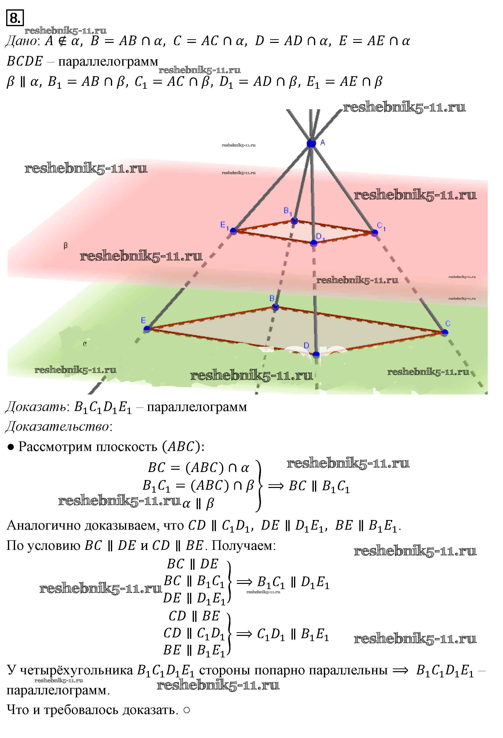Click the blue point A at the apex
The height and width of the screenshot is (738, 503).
[311, 143]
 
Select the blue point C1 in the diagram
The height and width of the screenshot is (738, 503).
[374, 233]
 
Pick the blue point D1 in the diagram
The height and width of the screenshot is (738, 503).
[313, 243]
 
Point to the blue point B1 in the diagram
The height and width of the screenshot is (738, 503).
[294, 221]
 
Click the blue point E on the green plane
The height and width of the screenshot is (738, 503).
[147, 329]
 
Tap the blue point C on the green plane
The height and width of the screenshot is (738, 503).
[445, 332]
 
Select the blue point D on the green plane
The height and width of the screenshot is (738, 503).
[316, 354]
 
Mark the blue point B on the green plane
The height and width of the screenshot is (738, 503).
[275, 307]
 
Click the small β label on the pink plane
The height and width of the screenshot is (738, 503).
[65, 246]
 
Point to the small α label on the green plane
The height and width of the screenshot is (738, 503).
[85, 343]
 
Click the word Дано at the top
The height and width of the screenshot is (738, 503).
[21, 41]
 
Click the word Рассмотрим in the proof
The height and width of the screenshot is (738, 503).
[56, 447]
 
